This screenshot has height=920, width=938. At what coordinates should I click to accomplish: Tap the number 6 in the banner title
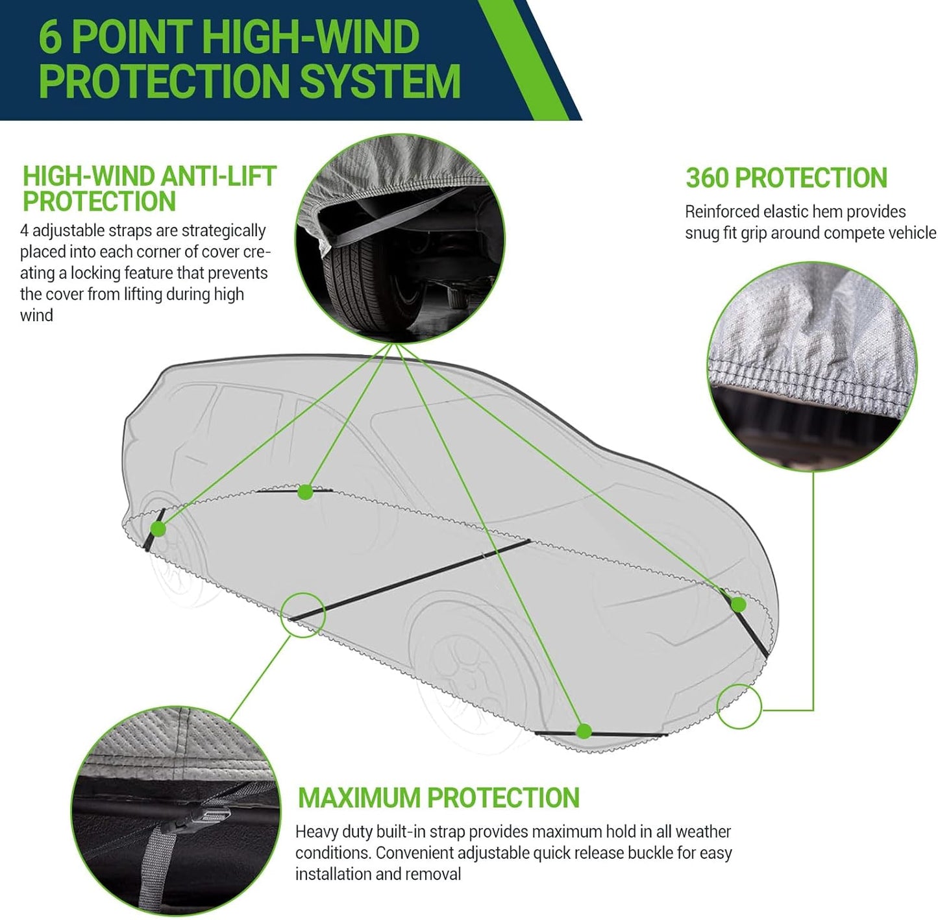[x=51, y=37]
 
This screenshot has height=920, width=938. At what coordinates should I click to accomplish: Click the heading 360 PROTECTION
[x=786, y=178]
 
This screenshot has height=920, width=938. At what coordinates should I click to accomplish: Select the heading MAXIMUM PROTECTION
[x=438, y=797]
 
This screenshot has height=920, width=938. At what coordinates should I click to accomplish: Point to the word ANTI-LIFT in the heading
[x=218, y=176]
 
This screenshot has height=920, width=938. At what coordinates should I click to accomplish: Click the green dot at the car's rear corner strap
[x=158, y=529]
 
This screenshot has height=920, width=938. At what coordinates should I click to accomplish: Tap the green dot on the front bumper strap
[x=738, y=605]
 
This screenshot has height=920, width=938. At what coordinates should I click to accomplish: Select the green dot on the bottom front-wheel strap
[x=584, y=732]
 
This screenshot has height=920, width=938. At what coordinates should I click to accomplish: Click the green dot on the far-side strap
[x=305, y=492]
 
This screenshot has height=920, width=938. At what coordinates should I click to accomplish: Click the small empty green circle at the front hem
[x=739, y=707]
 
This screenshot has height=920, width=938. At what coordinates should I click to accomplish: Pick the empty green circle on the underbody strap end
[x=302, y=614]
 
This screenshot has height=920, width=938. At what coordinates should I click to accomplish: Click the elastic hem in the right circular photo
[x=805, y=383]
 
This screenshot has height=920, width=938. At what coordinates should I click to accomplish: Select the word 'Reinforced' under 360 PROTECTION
[x=721, y=212]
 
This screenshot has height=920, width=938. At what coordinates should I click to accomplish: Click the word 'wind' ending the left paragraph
[x=36, y=316]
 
